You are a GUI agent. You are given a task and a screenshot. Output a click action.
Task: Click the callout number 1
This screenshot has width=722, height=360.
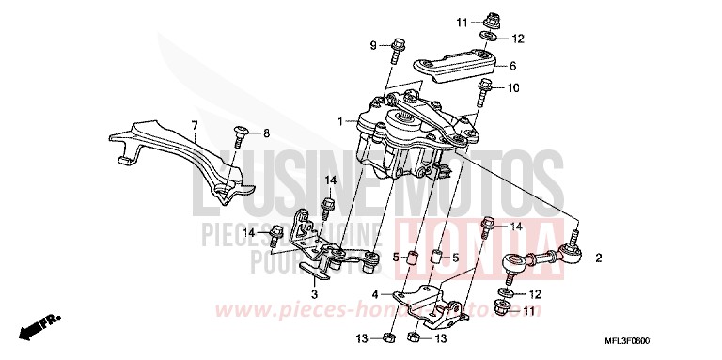coord(341,120)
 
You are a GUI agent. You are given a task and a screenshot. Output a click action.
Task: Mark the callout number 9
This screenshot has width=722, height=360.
coord(373,45)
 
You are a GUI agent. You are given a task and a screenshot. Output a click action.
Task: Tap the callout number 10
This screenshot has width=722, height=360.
coord(513,88)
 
